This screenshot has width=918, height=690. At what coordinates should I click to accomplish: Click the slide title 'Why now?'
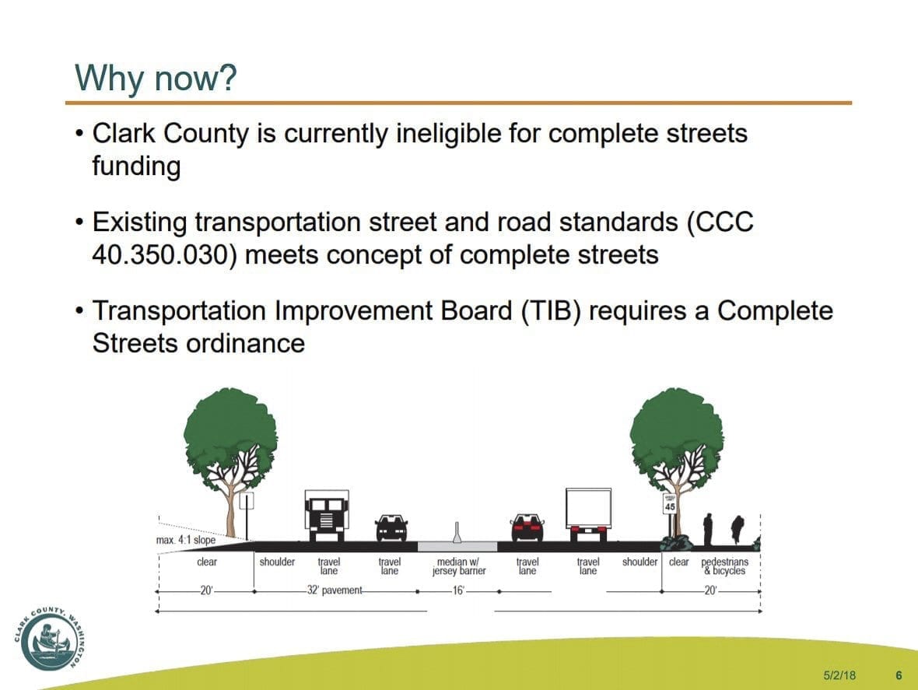pyautogui.click(x=156, y=77)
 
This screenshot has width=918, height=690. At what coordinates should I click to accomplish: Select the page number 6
pyautogui.click(x=899, y=675)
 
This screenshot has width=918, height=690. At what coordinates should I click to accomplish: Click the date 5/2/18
pyautogui.click(x=839, y=675)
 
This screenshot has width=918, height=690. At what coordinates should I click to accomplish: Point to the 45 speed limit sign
pyautogui.click(x=670, y=503)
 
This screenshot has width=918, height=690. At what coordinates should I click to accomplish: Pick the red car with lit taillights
pyautogui.click(x=527, y=527)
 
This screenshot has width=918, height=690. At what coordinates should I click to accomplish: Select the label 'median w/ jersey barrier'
pyautogui.click(x=459, y=566)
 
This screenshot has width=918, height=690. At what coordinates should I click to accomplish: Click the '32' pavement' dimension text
pyautogui.click(x=335, y=590)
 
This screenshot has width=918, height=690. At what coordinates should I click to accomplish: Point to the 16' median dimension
pyautogui.click(x=457, y=590)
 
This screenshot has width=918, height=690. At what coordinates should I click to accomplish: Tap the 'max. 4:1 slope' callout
pyautogui.click(x=186, y=540)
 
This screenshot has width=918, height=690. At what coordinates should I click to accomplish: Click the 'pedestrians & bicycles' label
pyautogui.click(x=725, y=566)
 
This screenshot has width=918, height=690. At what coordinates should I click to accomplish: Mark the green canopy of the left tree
pyautogui.click(x=231, y=436)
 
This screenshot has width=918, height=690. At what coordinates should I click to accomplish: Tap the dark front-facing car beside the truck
pyautogui.click(x=391, y=528)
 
